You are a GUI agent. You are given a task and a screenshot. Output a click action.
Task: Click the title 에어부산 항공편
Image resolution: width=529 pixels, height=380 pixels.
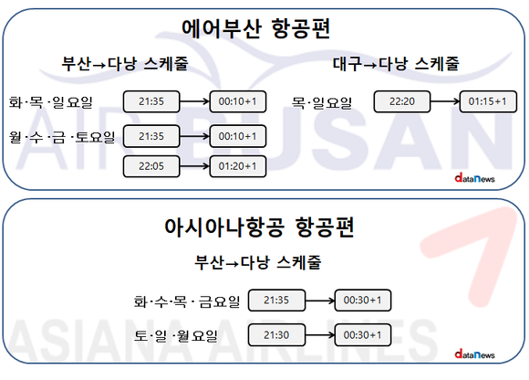(x=255, y=28)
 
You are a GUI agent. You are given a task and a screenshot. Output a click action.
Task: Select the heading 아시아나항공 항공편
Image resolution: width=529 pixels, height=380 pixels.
(x=259, y=227)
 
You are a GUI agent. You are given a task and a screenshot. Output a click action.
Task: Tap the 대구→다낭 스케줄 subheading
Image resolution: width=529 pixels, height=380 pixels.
(x=396, y=64)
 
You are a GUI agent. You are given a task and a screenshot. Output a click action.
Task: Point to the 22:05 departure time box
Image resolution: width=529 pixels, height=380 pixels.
(x=151, y=166)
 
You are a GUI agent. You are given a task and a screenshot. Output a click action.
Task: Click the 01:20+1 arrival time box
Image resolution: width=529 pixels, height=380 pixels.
(x=238, y=166)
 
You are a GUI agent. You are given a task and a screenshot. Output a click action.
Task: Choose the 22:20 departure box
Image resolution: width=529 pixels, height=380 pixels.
(x=402, y=101)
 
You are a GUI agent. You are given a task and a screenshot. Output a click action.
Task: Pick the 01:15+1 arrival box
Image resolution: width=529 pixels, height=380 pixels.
(x=488, y=101)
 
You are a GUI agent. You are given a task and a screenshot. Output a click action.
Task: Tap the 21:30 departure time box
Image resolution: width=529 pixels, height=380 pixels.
(x=276, y=334)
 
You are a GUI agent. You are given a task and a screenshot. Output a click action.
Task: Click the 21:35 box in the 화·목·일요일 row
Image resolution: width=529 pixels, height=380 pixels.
(x=151, y=101)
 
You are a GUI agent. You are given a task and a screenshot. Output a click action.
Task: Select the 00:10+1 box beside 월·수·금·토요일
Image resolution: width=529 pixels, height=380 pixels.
(x=238, y=136)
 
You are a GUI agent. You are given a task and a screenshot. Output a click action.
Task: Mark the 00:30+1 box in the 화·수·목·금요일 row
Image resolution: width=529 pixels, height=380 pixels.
(x=363, y=300)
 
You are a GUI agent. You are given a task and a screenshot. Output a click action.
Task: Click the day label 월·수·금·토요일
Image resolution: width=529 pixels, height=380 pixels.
(x=62, y=137)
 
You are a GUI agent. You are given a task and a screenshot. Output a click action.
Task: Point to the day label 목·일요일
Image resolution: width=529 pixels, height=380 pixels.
(x=322, y=102)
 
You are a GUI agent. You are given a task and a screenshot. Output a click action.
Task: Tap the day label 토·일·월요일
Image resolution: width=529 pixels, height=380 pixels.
(x=175, y=336)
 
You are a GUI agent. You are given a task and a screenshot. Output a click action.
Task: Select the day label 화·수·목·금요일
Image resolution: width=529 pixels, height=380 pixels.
(x=187, y=301)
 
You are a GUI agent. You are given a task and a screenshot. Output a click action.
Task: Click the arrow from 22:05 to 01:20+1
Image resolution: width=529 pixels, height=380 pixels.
(x=194, y=166)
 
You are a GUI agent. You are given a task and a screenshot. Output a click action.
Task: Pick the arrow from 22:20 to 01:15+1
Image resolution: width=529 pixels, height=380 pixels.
(x=445, y=101)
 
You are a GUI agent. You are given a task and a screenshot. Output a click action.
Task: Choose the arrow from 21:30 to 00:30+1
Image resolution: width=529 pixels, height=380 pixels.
(x=320, y=334)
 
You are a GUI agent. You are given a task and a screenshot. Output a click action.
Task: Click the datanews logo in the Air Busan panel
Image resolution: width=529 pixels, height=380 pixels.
(x=474, y=178)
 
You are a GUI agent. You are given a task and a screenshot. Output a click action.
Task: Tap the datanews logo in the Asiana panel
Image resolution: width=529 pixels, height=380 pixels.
(x=474, y=354)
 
